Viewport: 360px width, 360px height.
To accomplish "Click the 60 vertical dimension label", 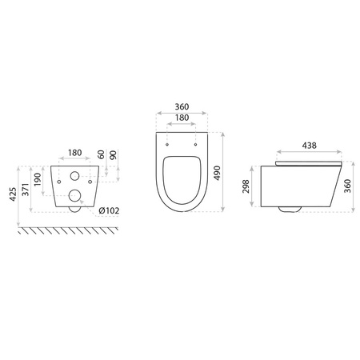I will point(100,154).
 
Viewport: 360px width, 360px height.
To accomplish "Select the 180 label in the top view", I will point(182,117).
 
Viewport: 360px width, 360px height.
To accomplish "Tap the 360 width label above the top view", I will point(182,106).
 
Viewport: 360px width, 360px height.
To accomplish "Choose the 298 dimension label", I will point(247,186).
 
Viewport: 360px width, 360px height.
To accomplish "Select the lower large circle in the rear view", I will point(74,195).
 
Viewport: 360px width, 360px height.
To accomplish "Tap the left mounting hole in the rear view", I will point(61,181).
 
